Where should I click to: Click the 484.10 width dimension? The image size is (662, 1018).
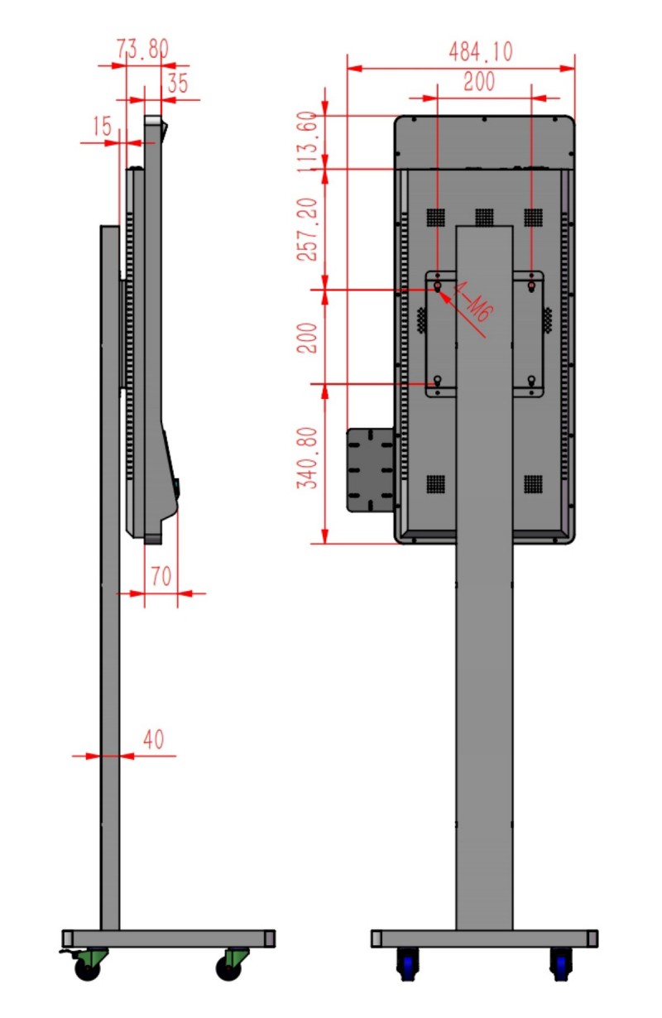coord(481,52)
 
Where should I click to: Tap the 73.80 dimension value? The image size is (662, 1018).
coord(142,49)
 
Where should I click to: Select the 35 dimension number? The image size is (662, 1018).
coord(178,84)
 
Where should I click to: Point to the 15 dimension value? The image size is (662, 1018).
coord(103,126)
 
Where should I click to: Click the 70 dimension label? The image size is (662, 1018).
coord(161,576)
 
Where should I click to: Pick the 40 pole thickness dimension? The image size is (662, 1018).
coord(154,739)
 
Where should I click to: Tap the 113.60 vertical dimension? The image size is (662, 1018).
coord(307,142)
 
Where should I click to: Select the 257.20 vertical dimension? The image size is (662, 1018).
coord(307,229)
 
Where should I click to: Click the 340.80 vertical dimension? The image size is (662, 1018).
coord(307,459)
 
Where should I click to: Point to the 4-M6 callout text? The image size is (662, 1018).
coord(473,302)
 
